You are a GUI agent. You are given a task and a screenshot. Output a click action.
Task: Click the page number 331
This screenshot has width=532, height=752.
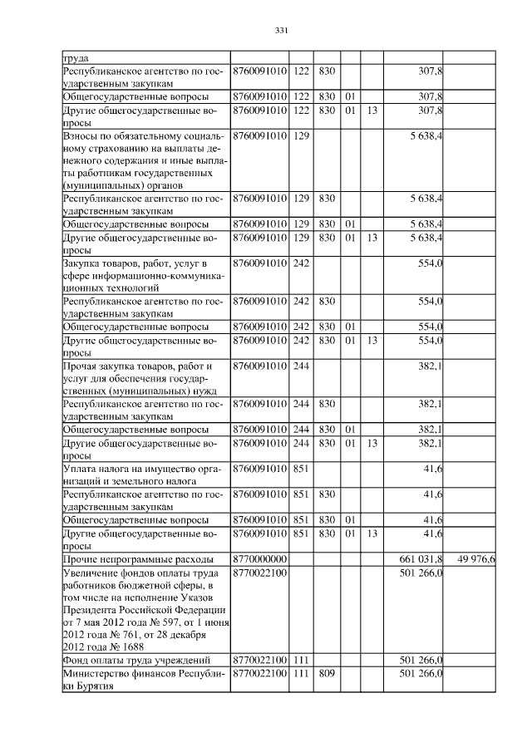click(x=280, y=31)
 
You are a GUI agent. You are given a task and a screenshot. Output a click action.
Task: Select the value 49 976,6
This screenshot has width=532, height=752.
click(x=476, y=559)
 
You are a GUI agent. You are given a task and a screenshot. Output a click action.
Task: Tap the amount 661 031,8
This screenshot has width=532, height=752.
click(x=421, y=559)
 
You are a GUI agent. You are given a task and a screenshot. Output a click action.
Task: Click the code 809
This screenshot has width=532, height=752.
click(x=325, y=674)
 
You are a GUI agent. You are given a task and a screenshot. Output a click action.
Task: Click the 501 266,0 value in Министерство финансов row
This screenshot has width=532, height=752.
click(x=421, y=674)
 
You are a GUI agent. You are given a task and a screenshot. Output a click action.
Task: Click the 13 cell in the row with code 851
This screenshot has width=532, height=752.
click(x=372, y=533)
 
